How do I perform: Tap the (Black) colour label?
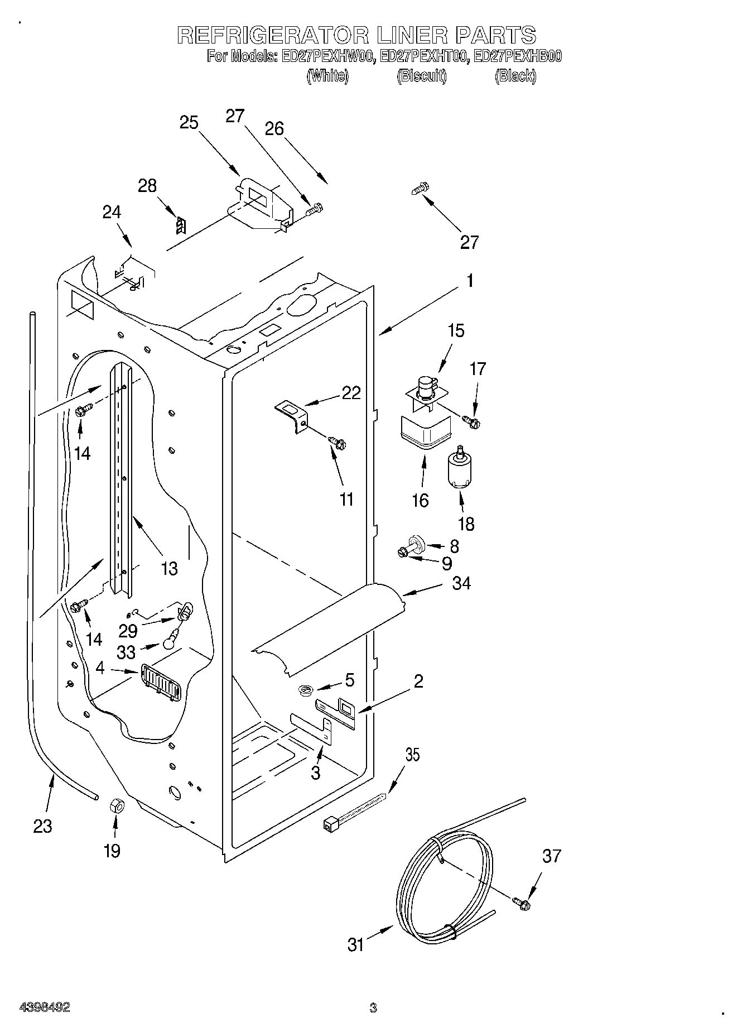pyautogui.click(x=515, y=76)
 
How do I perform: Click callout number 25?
pyautogui.click(x=189, y=122)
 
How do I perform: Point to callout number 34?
pyautogui.click(x=461, y=584)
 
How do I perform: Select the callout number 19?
pyautogui.click(x=112, y=851)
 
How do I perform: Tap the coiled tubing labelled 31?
pyautogui.click(x=446, y=887)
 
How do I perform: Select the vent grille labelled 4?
pyautogui.click(x=162, y=681)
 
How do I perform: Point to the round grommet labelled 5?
pyautogui.click(x=305, y=692)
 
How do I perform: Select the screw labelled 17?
pyautogui.click(x=471, y=423)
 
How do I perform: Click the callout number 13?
pyautogui.click(x=169, y=568)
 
